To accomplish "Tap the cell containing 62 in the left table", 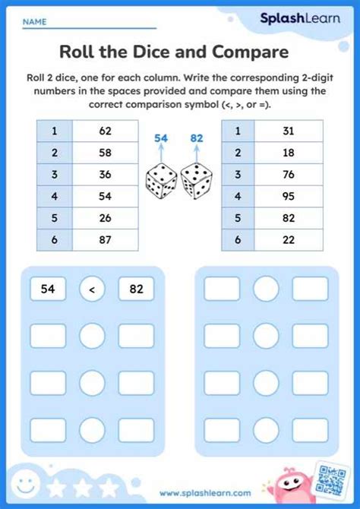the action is point(106,131).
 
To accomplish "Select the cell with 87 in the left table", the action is point(106,240).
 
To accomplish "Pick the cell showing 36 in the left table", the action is point(106,174).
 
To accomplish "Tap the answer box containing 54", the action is point(48,289).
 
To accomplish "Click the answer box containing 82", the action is point(137,289).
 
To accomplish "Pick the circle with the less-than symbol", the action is point(92,289).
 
